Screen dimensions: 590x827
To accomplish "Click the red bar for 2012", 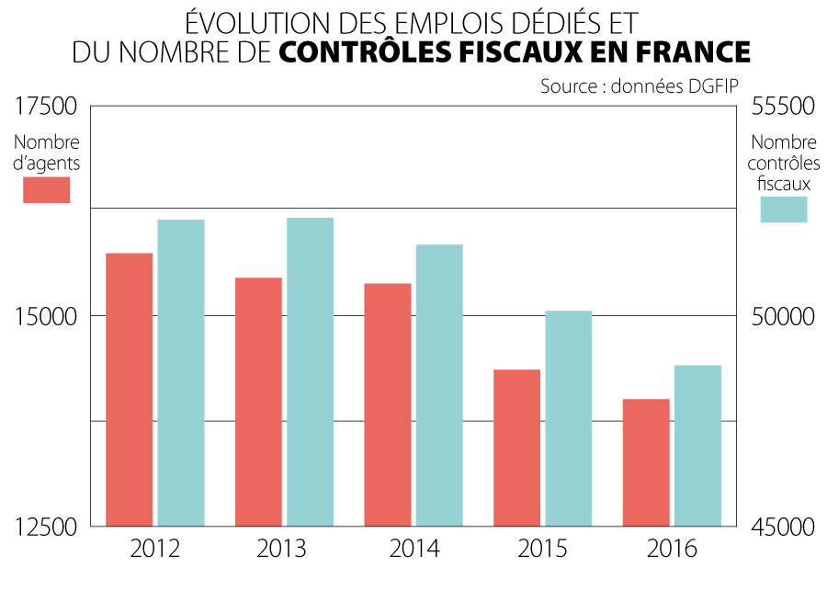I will coord(130,389).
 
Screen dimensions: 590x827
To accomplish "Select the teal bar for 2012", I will coord(181,372).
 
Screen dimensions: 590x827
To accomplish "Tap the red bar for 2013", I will coord(258,402).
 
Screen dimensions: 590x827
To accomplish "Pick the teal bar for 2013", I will coord(310,371).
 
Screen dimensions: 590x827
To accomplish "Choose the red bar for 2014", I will coord(388,404).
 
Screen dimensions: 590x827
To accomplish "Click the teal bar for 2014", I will coord(439,385).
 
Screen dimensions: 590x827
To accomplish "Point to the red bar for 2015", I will coord(517,448).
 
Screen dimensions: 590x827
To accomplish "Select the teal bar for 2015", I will coord(569,418).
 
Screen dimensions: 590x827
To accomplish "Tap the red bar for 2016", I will coord(646,462).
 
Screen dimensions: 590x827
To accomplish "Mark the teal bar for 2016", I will coord(697,446).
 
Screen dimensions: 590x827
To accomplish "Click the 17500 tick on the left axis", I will coord(47,107).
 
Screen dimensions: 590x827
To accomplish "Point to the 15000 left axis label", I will coord(47,317).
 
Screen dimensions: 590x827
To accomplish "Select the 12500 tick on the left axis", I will coord(47,528).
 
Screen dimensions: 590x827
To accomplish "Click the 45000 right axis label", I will coord(784,528).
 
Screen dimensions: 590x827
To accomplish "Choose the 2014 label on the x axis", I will coord(414,550).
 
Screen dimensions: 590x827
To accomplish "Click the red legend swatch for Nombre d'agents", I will coord(47,189).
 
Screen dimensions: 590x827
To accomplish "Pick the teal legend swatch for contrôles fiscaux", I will coord(784,210).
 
